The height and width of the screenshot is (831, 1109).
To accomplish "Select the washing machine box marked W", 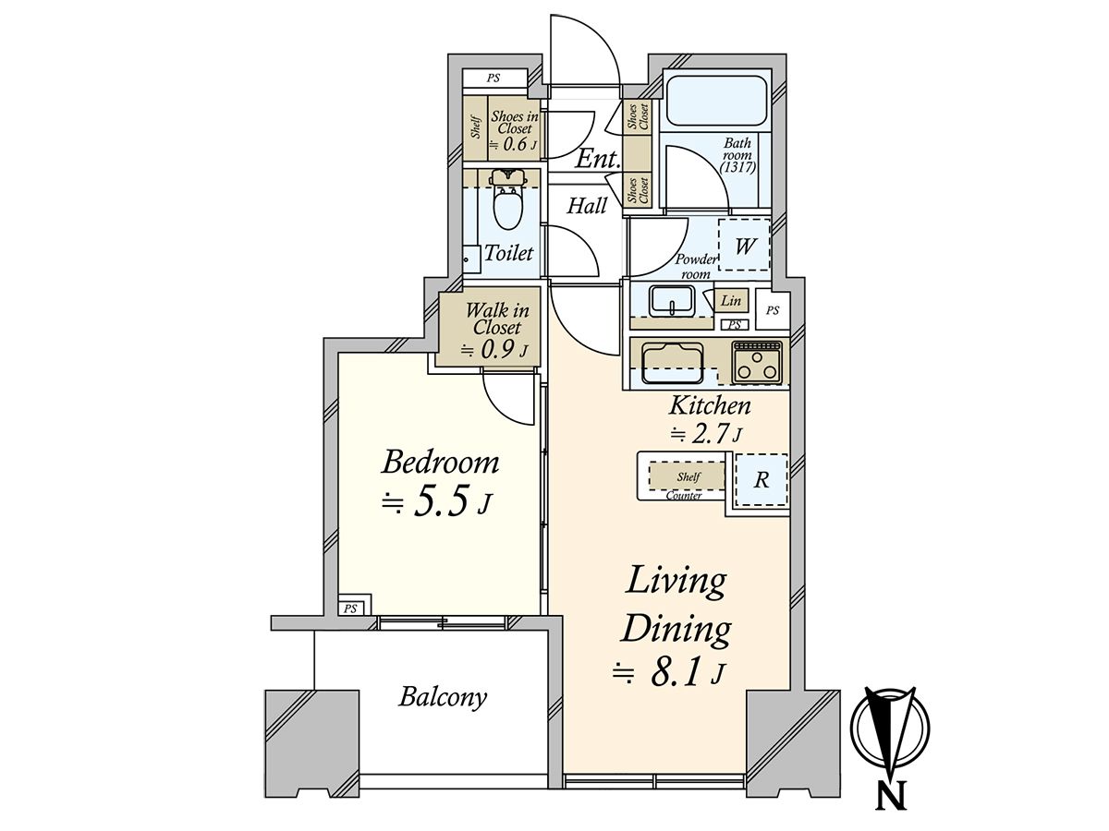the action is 744,246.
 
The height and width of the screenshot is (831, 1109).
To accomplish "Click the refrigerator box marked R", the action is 762,479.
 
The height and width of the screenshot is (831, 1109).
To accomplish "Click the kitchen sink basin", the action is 673,363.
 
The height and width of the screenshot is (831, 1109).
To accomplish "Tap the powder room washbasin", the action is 673,300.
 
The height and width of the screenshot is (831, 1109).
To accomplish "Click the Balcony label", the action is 443,698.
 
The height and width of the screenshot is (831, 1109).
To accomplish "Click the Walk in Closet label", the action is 496,319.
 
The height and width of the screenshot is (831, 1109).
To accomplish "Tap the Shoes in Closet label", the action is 515,123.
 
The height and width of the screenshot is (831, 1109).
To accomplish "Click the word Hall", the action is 587,206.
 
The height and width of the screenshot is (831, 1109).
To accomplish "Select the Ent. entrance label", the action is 598,160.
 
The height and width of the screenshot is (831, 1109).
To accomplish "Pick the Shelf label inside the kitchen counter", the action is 689,476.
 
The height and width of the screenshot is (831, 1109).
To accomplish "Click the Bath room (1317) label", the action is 738,155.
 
